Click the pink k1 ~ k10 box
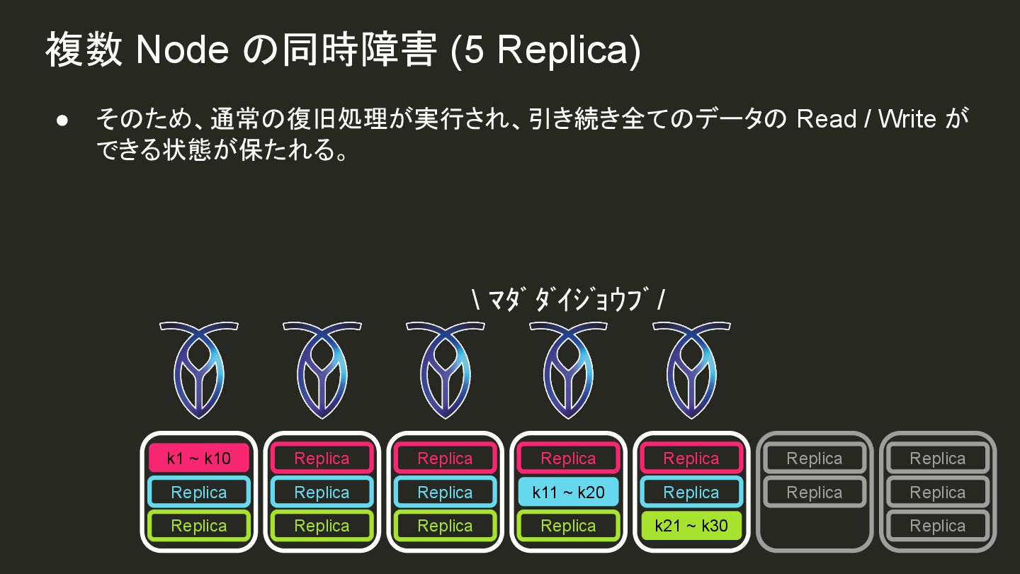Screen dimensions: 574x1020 click(x=199, y=458)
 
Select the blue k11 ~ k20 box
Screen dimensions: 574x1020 click(x=568, y=493)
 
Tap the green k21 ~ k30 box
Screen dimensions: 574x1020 click(x=691, y=526)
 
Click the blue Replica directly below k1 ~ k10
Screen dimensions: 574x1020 click(x=199, y=493)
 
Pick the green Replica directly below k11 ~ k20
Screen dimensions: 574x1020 click(x=568, y=526)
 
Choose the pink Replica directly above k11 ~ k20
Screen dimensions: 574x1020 click(x=568, y=458)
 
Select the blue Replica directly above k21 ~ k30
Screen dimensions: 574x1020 click(x=691, y=493)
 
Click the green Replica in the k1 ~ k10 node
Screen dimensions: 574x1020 click(x=199, y=526)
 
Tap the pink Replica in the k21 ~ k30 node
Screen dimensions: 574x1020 click(x=691, y=458)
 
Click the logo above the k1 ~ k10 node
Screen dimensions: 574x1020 click(x=199, y=368)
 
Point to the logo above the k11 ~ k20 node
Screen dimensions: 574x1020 click(x=568, y=368)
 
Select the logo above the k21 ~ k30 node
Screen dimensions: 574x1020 click(x=691, y=368)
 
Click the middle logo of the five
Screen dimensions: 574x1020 click(x=445, y=368)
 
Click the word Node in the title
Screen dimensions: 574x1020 click(x=181, y=51)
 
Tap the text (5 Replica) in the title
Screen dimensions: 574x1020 click(x=545, y=51)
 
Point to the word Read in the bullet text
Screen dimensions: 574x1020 click(x=826, y=119)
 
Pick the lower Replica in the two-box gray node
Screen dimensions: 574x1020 click(x=815, y=493)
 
